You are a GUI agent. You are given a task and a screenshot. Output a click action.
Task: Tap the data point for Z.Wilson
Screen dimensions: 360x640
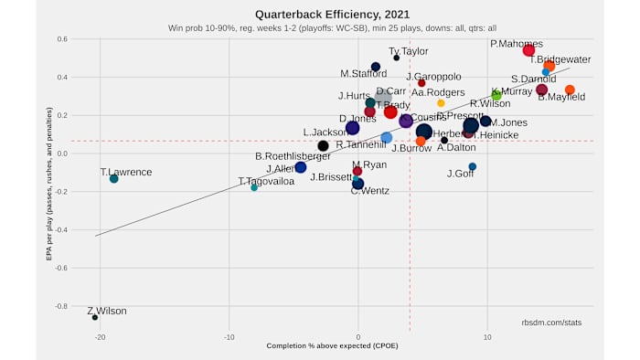pyautogui.click(x=95, y=317)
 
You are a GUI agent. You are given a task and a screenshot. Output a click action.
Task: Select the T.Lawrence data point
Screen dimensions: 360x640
pyautogui.click(x=113, y=178)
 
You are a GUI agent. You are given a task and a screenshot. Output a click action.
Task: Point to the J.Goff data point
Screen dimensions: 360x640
pyautogui.click(x=472, y=166)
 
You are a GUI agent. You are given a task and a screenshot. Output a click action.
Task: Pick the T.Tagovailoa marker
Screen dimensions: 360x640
pyautogui.click(x=254, y=187)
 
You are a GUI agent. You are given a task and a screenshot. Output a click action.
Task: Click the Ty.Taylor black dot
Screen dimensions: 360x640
pyautogui.click(x=396, y=58)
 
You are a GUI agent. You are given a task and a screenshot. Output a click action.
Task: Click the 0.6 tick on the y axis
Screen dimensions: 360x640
pyautogui.click(x=60, y=39)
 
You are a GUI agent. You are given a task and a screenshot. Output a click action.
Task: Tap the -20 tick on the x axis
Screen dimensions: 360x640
pyautogui.click(x=100, y=336)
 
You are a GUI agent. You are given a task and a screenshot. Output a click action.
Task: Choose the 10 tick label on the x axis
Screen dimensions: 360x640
pyautogui.click(x=487, y=336)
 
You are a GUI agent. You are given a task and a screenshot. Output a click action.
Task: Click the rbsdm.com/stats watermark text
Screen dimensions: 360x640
pyautogui.click(x=551, y=323)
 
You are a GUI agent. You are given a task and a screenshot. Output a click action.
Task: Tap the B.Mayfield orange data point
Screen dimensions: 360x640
pyautogui.click(x=570, y=90)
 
